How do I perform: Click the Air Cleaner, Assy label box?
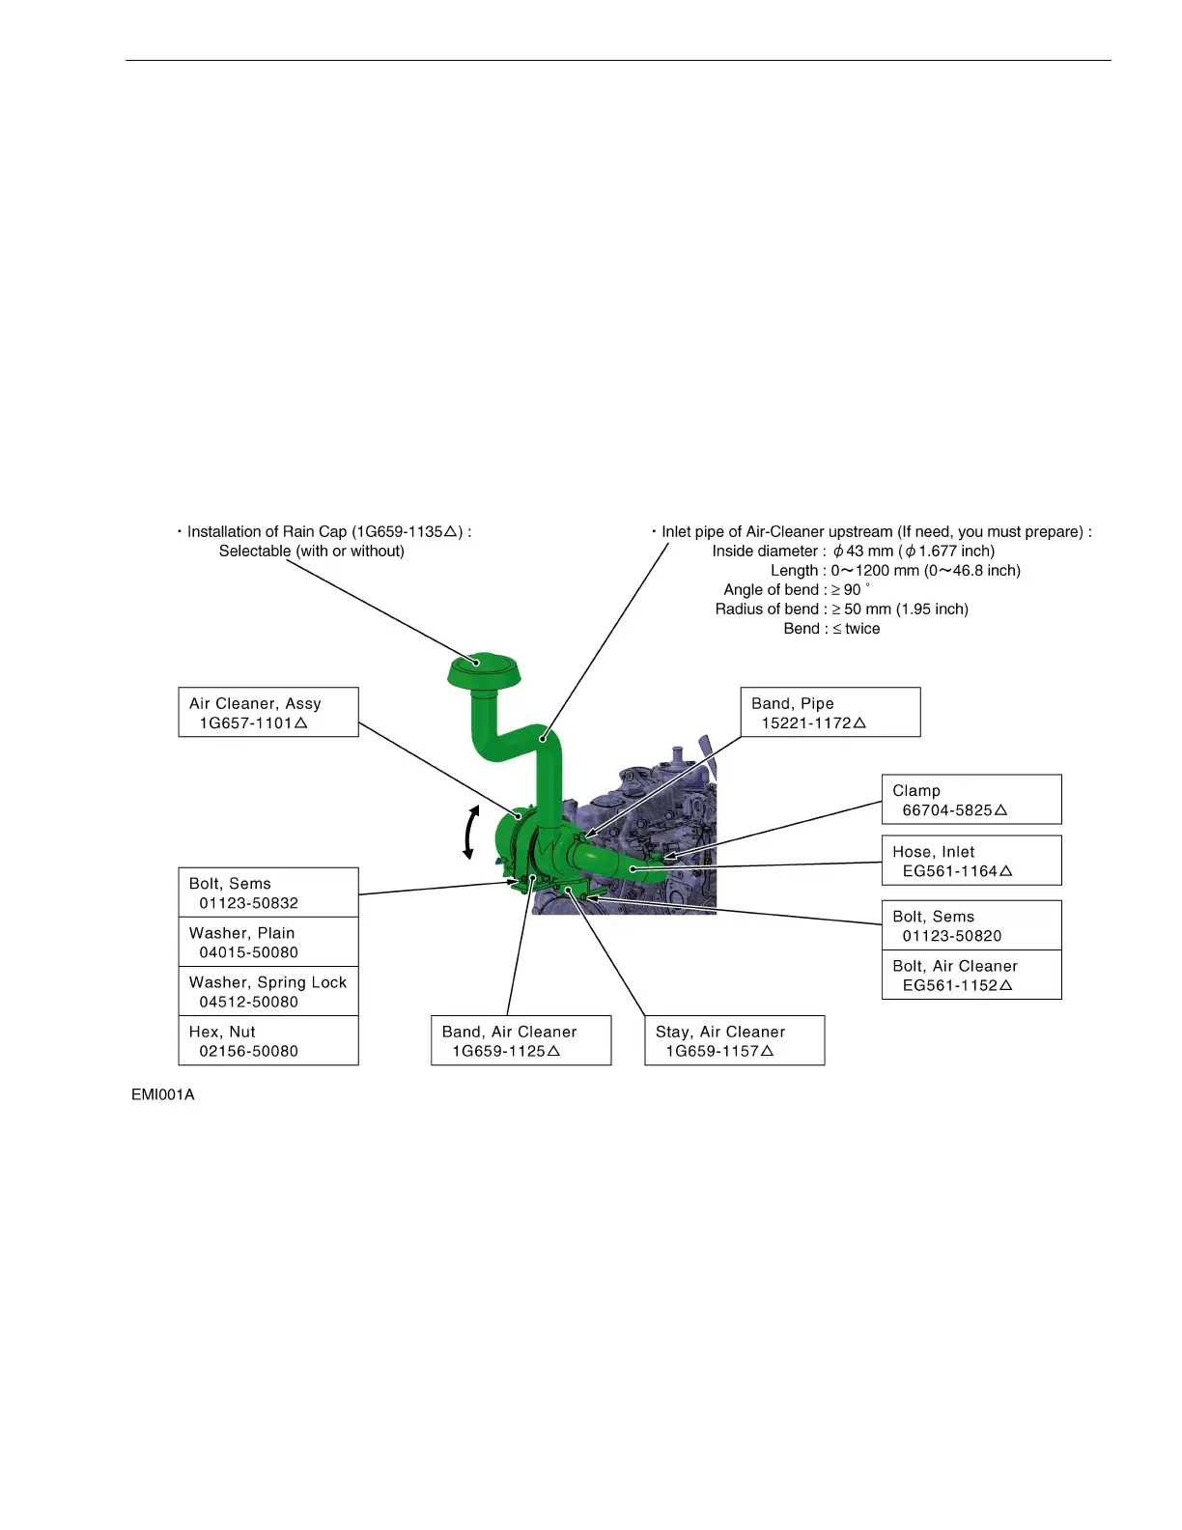267,712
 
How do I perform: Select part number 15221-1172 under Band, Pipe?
807,722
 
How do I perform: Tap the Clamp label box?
971,799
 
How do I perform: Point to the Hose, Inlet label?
933,851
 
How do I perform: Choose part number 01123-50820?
951,935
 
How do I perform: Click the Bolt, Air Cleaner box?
971,975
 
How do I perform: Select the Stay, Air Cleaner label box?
734,1040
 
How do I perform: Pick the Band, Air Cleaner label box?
521,1040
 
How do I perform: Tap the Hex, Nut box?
267,1040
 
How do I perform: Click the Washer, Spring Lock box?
267,991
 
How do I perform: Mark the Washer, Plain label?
242,933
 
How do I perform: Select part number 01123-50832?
248,903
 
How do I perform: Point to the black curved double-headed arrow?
470,832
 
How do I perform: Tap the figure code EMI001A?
163,1094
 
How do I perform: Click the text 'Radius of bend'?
767,609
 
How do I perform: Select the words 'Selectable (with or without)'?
311,551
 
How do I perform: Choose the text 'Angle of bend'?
771,589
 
